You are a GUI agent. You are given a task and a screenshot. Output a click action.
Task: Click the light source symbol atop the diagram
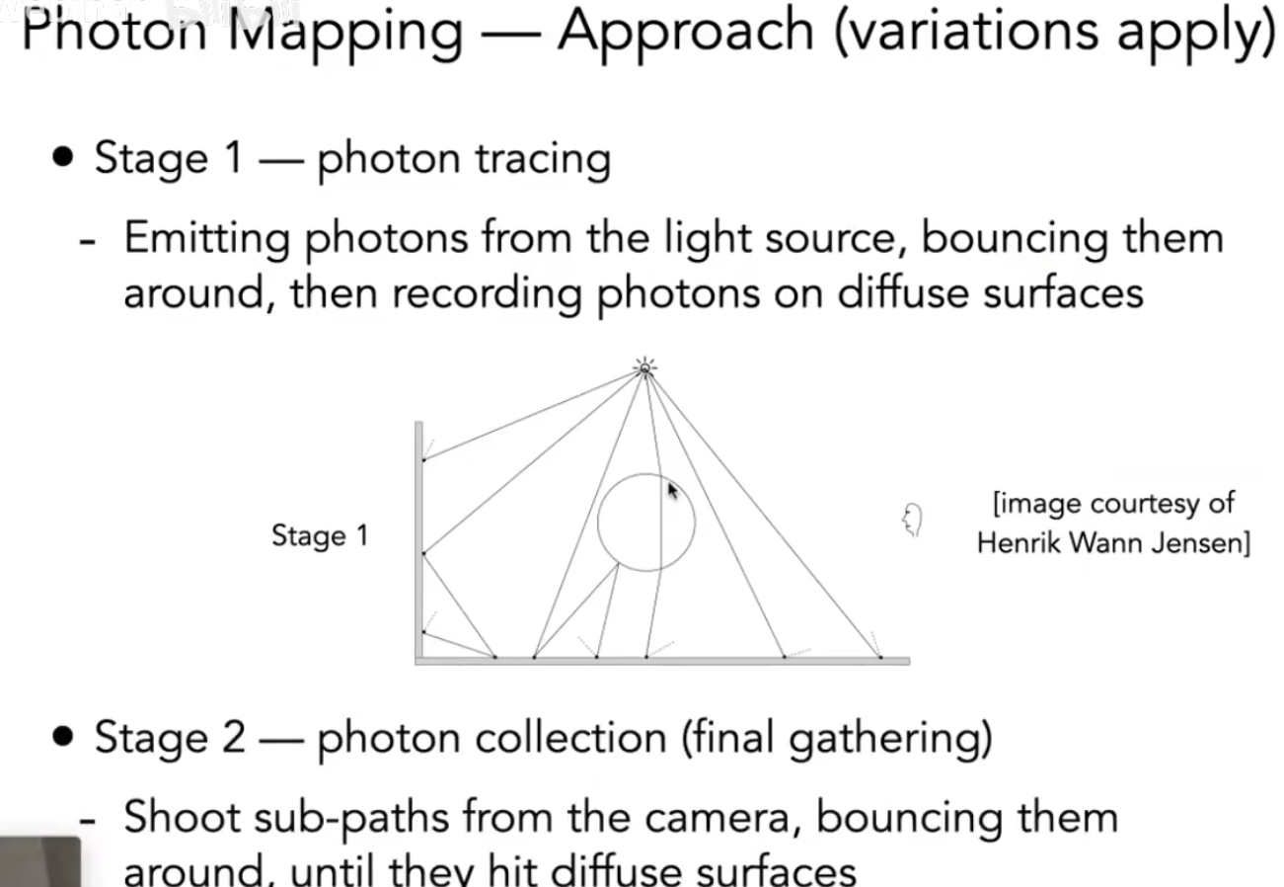[644, 367]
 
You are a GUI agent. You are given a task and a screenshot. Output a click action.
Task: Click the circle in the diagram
[645, 523]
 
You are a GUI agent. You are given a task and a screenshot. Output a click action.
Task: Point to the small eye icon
[912, 520]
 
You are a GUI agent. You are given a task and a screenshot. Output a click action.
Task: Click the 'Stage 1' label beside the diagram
[319, 536]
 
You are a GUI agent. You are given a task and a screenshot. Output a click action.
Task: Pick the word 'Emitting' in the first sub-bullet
[206, 238]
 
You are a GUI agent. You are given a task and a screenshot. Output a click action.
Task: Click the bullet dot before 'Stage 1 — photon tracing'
[65, 158]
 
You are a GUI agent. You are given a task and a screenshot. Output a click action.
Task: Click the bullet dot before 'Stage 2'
[65, 737]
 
